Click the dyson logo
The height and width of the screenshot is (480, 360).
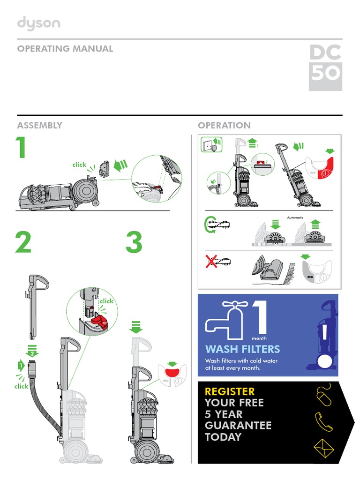pos(38,24)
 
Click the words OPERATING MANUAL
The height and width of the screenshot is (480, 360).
pos(65,49)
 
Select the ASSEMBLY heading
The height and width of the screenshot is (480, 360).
pos(39,125)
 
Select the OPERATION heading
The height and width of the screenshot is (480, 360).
pos(224,125)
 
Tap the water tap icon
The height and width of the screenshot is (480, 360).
pos(227,320)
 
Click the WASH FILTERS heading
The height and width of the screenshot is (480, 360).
pos(242,349)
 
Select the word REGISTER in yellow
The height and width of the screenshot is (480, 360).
pos(230,391)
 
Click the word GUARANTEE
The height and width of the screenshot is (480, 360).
pos(238,426)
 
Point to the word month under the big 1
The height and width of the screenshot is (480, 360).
pos(259,337)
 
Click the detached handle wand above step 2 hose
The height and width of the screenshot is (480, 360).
pos(36,305)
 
